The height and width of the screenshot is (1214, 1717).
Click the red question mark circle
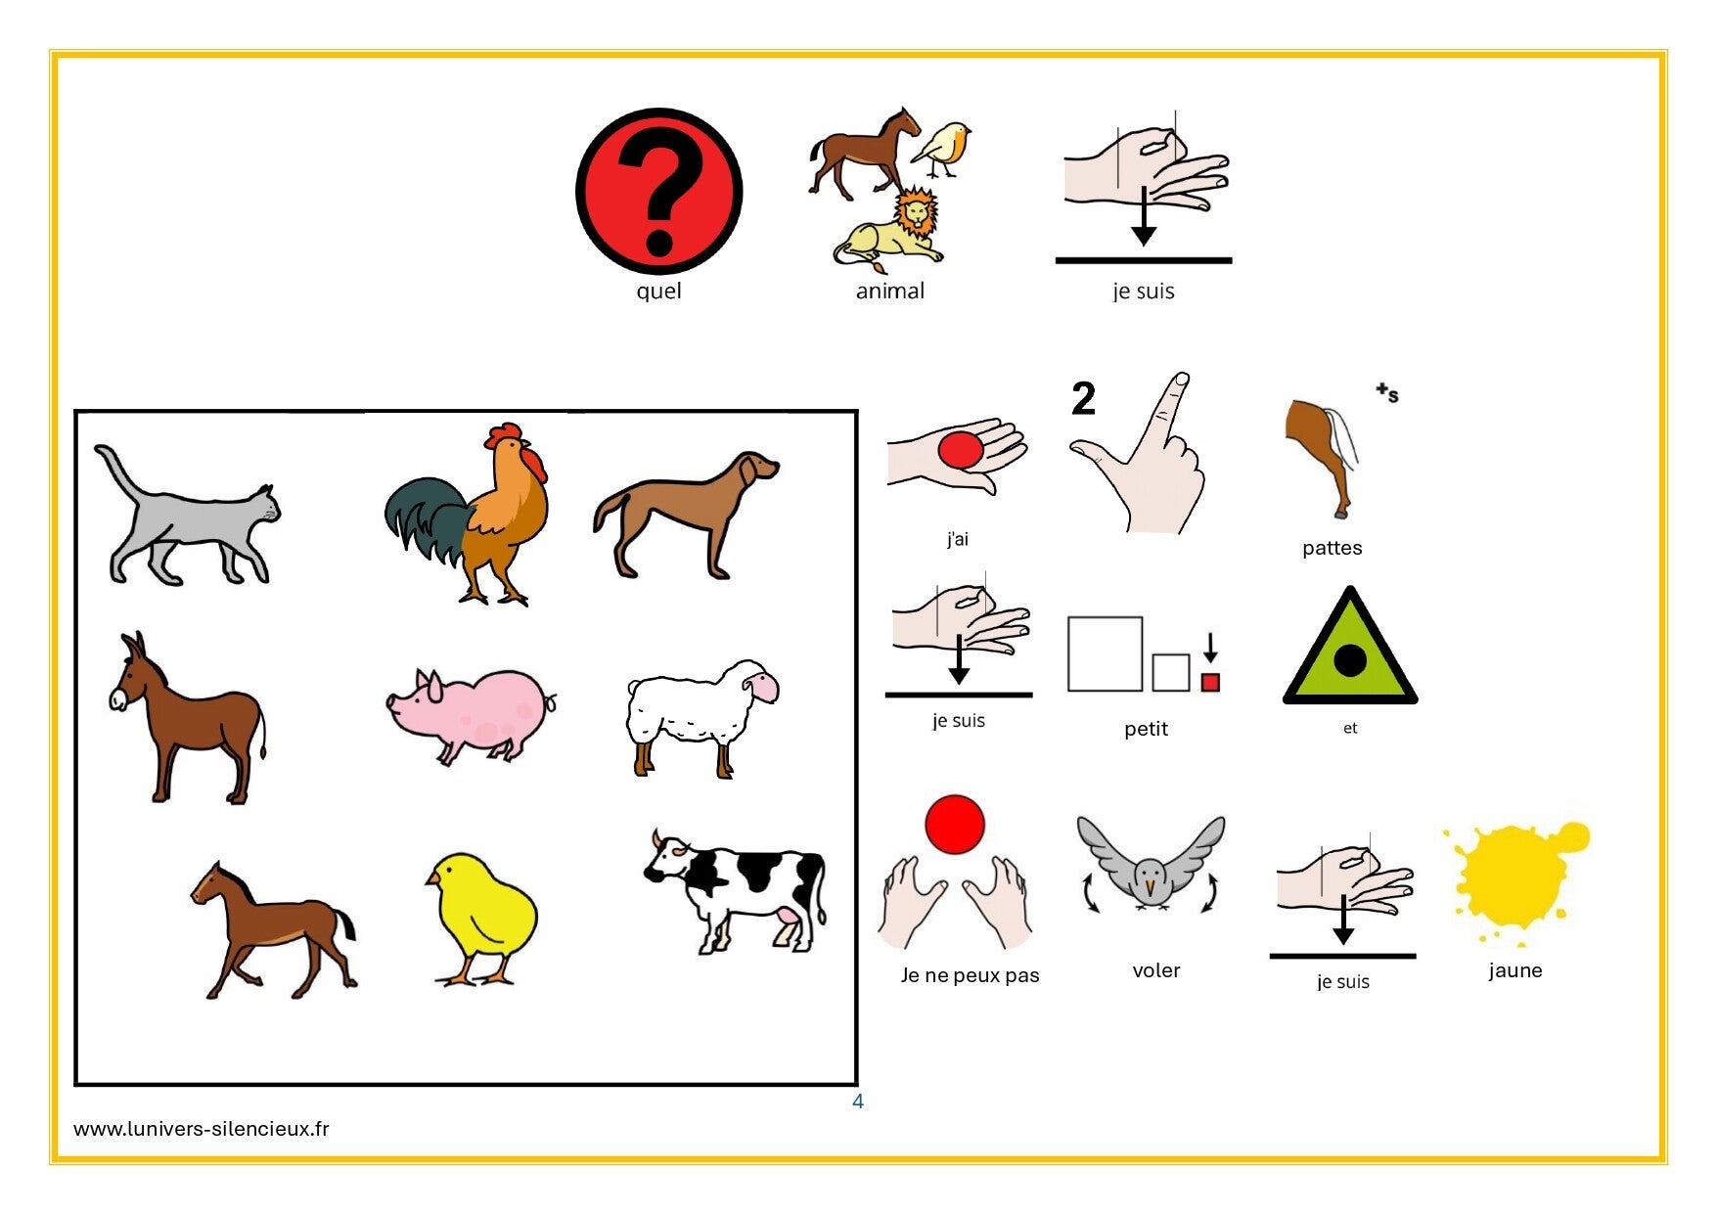point(658,191)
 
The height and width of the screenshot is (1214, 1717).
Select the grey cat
point(186,517)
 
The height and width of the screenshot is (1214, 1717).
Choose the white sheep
point(701,718)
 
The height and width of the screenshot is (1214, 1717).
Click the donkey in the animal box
point(186,718)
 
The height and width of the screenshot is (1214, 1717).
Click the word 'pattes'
point(1332,548)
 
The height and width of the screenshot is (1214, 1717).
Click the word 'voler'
point(1155,970)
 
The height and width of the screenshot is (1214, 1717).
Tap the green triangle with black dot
point(1349,648)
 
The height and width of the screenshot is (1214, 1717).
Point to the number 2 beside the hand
point(1083,398)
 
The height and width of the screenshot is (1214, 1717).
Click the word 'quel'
point(658,291)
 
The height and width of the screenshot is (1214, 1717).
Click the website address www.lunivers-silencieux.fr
point(202,1128)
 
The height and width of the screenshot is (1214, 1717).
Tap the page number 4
point(858,1102)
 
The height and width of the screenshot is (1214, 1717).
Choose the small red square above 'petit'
point(1210,682)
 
